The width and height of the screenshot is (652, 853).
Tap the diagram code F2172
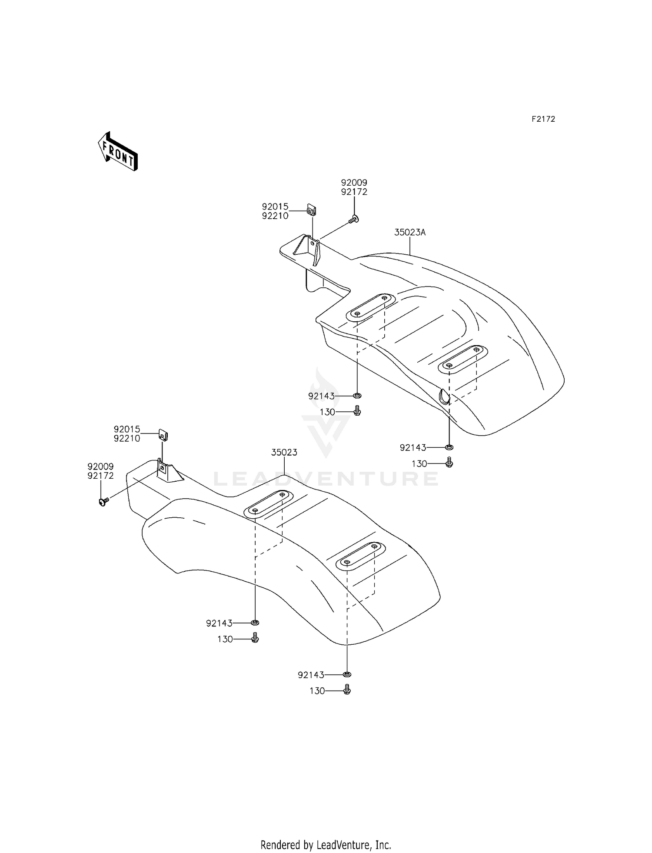[x=543, y=119]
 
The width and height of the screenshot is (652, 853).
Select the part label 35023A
[x=409, y=233]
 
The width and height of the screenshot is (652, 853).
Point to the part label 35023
[x=284, y=453]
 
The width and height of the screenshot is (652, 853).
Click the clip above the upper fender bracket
[x=312, y=210]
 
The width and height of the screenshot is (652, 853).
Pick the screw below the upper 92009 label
[x=354, y=219]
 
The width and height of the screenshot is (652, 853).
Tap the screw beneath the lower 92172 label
[x=104, y=502]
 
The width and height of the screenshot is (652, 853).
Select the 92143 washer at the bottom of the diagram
[x=347, y=674]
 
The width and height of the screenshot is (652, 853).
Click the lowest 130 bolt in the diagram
[x=347, y=690]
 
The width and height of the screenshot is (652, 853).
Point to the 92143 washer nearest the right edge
[x=449, y=447]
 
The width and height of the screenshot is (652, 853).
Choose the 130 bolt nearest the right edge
[x=449, y=463]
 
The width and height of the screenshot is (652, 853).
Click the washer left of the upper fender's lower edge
[x=357, y=396]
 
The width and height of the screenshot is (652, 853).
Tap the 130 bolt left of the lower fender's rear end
[x=255, y=638]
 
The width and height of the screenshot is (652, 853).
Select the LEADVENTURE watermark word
[x=326, y=479]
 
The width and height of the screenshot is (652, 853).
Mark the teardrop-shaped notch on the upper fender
[x=444, y=396]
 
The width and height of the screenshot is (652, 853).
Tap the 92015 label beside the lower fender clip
[x=127, y=430]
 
